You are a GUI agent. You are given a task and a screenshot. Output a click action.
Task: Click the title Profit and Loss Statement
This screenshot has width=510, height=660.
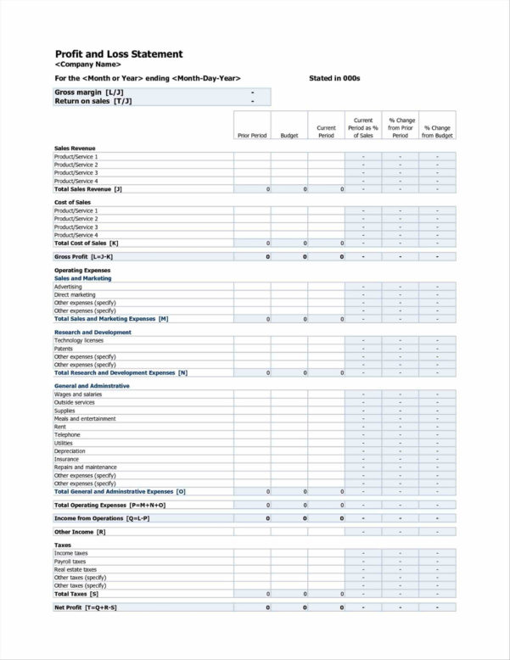pyautogui.click(x=118, y=53)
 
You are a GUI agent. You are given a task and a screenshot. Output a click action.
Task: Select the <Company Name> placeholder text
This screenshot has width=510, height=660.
pyautogui.click(x=87, y=64)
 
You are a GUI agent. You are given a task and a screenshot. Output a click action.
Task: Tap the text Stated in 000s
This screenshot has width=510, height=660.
pyautogui.click(x=334, y=78)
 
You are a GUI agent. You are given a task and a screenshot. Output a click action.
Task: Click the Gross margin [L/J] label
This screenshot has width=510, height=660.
pyautogui.click(x=89, y=92)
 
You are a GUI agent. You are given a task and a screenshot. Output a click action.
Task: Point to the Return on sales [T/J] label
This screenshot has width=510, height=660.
pyautogui.click(x=92, y=101)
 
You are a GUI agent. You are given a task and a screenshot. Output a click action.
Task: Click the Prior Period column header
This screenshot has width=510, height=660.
pyautogui.click(x=252, y=136)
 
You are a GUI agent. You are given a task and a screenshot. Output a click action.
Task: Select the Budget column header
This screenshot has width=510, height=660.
pyautogui.click(x=289, y=136)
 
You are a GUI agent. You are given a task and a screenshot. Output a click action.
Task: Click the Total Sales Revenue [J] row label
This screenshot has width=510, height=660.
pyautogui.click(x=88, y=189)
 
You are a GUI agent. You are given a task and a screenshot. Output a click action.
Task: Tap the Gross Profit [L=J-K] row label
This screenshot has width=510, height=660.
pyautogui.click(x=83, y=256)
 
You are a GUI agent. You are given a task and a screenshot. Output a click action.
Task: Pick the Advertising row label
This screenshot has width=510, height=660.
pyautogui.click(x=68, y=287)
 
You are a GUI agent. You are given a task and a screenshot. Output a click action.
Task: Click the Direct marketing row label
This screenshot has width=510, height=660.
pyautogui.click(x=75, y=295)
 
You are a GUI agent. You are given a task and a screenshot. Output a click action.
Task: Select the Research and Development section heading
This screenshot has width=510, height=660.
pyautogui.click(x=92, y=333)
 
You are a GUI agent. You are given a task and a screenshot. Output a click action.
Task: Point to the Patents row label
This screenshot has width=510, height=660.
pyautogui.click(x=64, y=349)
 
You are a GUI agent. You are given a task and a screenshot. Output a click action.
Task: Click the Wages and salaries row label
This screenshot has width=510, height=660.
pyautogui.click(x=78, y=394)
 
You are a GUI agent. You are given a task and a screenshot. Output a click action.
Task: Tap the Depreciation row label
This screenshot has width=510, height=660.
pyautogui.click(x=70, y=451)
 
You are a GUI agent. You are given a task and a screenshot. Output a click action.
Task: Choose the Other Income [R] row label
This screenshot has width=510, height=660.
pyautogui.click(x=80, y=532)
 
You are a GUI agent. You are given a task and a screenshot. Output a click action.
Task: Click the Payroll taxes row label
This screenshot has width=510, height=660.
pyautogui.click(x=70, y=562)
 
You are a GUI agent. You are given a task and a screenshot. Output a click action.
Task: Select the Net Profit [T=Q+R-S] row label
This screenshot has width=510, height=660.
pyautogui.click(x=86, y=607)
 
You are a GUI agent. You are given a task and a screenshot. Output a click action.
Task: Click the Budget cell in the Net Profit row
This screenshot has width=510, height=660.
pyautogui.click(x=289, y=607)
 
